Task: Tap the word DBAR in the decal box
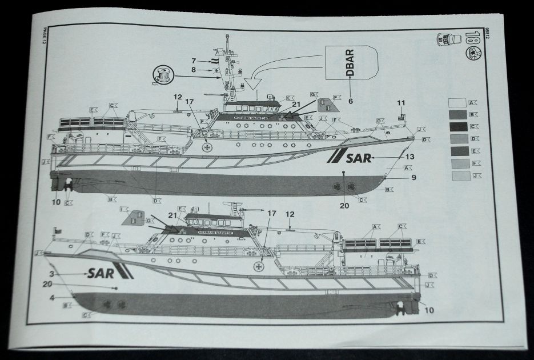[x=350, y=63]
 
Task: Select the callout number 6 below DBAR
[x=350, y=101]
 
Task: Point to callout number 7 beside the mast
[x=194, y=61]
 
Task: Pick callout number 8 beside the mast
[x=194, y=70]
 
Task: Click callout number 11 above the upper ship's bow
[x=401, y=103]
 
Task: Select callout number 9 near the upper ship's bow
[x=413, y=178]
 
